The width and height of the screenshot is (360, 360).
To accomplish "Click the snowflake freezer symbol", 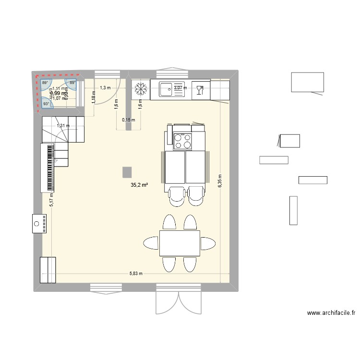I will pos(141,89).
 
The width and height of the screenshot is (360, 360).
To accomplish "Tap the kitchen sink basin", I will pos(167,89).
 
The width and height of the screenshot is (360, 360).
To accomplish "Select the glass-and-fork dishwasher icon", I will pos(200,89).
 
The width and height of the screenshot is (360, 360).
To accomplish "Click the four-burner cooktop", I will pos(183,141).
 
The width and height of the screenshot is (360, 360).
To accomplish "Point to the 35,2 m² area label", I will pos(139,184).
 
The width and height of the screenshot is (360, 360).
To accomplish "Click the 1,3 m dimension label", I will pos(105,88).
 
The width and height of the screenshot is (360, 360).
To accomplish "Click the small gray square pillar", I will pos(127,172).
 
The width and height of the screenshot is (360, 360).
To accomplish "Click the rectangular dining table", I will pos(180,243).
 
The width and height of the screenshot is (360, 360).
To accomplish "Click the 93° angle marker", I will pos(46,104).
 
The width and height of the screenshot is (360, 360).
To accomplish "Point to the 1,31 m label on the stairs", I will pos(63,126).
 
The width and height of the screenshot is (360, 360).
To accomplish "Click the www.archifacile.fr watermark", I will pos(331,313).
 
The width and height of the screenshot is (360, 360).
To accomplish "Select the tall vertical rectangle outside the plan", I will pos(293,210).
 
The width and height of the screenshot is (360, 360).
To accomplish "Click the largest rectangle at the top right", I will pos(307,82).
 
